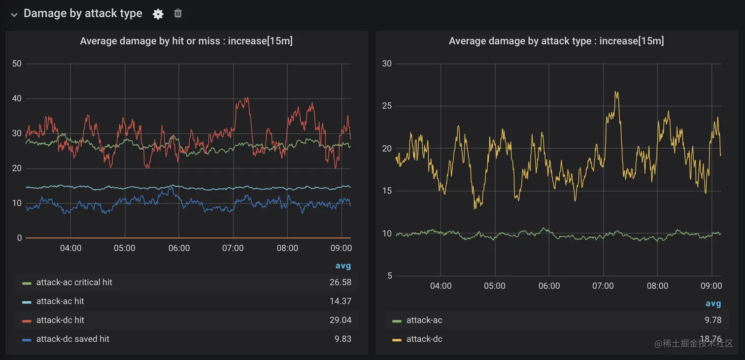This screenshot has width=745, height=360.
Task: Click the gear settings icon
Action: tap(158, 14)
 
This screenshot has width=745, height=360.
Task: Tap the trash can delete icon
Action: tap(178, 13)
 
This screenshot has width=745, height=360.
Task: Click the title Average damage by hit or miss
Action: tap(186, 41)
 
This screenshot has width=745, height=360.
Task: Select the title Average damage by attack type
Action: tap(556, 41)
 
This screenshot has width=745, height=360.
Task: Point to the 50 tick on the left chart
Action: tap(17, 64)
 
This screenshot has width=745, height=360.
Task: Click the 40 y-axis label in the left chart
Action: tap(17, 98)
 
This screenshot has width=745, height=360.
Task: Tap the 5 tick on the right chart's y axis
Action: tap(389, 276)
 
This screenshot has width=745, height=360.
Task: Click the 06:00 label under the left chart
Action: tap(179, 248)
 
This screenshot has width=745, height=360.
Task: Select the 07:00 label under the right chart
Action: tap(603, 286)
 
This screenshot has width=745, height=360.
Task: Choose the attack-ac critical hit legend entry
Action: tap(74, 283)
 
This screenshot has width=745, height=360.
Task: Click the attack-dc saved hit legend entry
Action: tap(72, 339)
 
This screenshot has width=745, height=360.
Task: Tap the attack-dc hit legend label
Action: tap(60, 320)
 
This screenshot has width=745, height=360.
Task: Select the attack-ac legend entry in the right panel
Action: tap(424, 320)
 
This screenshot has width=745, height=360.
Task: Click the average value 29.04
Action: tap(340, 320)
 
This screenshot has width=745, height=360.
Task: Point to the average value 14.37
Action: tap(340, 301)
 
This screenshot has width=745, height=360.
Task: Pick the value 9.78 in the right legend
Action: tap(713, 320)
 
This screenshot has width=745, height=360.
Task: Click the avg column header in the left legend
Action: tap(343, 266)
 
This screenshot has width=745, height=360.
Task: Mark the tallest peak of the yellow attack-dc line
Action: tap(616, 92)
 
